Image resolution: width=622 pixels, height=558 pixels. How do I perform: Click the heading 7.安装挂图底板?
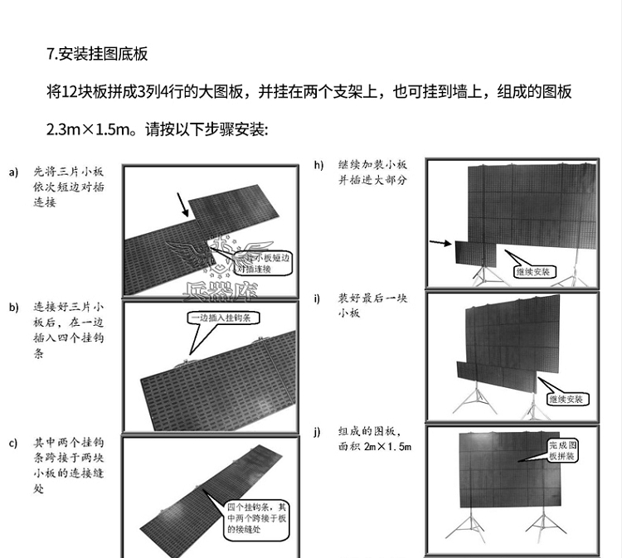pos(97,55)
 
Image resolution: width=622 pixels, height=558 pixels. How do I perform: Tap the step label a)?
pos(13,172)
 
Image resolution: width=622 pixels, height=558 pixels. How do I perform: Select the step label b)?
pos(13,308)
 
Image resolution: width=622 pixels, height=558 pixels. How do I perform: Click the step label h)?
pos(318,164)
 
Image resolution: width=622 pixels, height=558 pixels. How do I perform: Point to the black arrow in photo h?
pos(440,243)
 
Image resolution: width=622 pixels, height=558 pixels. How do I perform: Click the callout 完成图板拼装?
pos(564,451)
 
